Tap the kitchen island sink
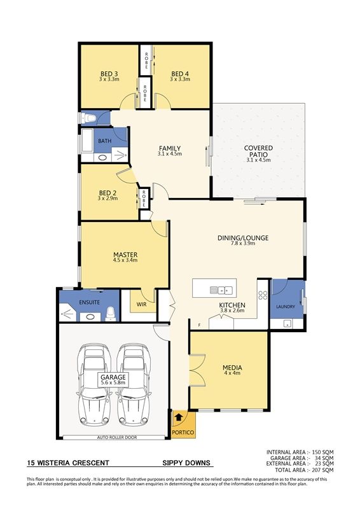pyautogui.click(x=221, y=289)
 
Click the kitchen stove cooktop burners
pyautogui.click(x=263, y=295)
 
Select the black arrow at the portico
pyautogui.click(x=178, y=417)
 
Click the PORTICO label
pyautogui.click(x=183, y=433)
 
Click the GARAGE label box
pyautogui.click(x=113, y=380)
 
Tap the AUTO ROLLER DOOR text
pyautogui.click(x=117, y=438)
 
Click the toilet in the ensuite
pyautogui.click(x=111, y=314)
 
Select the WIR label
pyautogui.click(x=142, y=305)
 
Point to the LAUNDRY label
pyautogui.click(x=286, y=307)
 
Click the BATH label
pyautogui.click(x=104, y=141)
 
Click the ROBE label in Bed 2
pyautogui.click(x=144, y=199)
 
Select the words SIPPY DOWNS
pyautogui.click(x=186, y=463)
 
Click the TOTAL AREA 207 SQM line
pyautogui.click(x=304, y=470)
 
